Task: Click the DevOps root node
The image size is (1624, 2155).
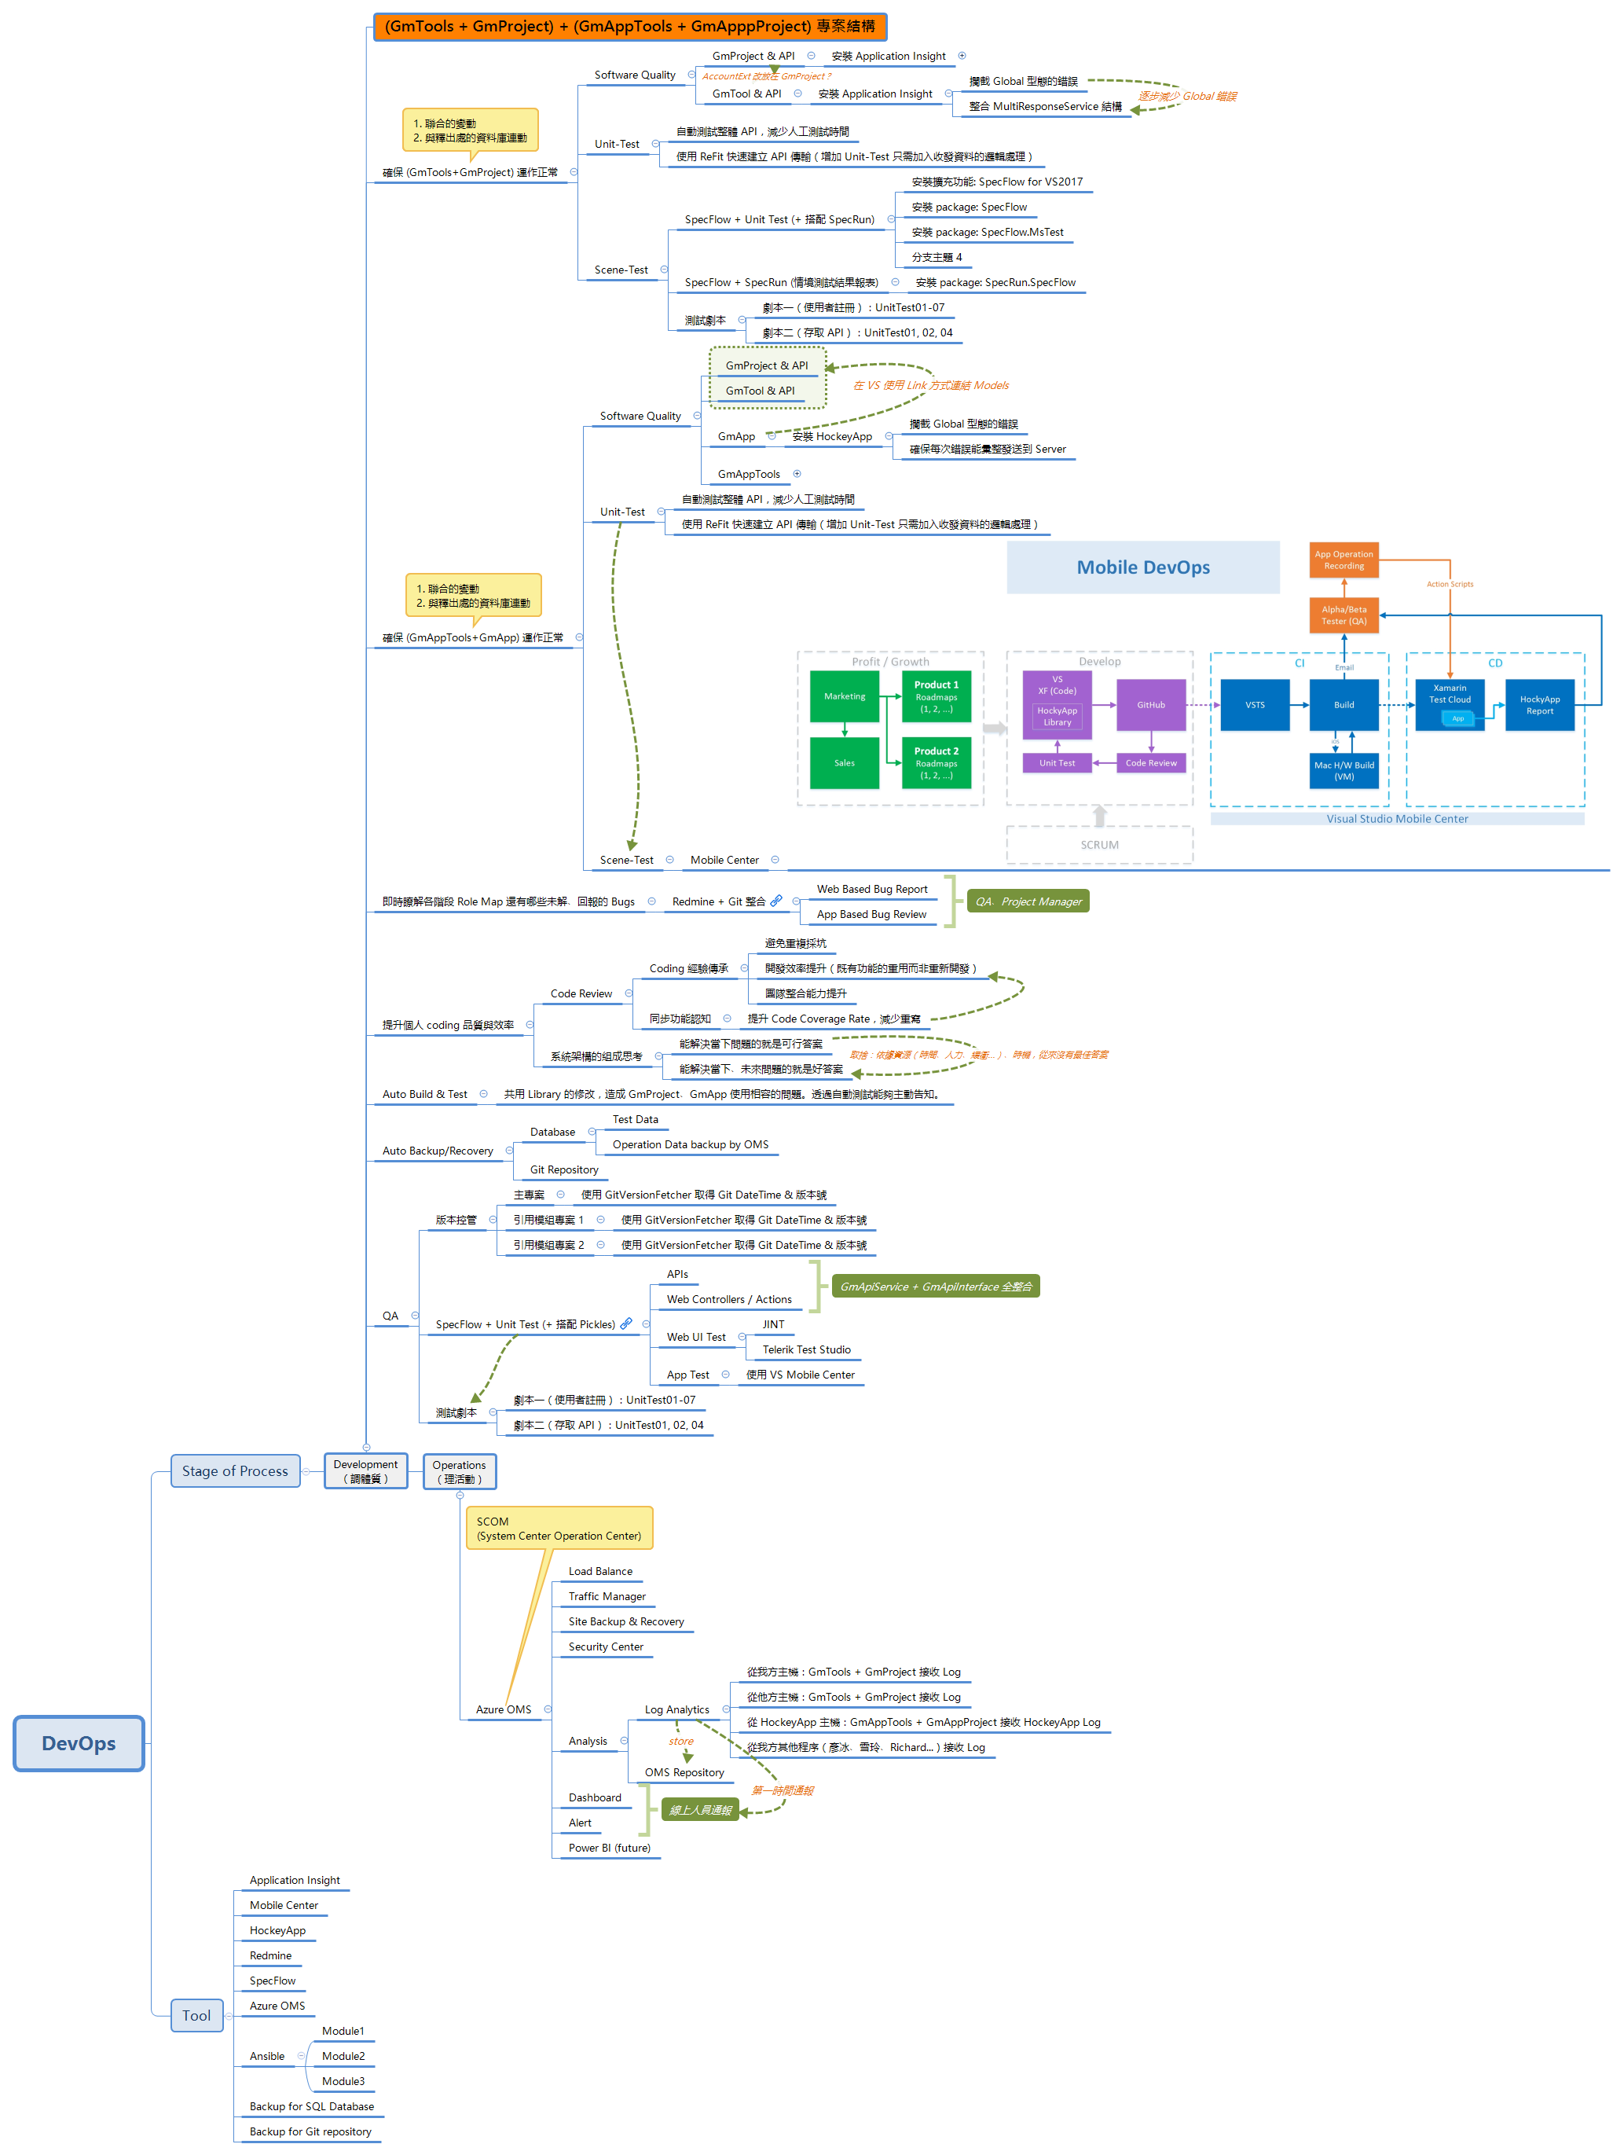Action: tap(79, 1743)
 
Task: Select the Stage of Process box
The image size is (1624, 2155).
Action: tap(235, 1471)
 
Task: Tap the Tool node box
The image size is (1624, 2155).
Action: tap(196, 2016)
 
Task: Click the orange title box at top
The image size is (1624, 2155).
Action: tap(629, 26)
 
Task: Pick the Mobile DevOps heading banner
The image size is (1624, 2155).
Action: tap(1142, 567)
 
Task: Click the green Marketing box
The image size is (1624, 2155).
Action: tap(844, 696)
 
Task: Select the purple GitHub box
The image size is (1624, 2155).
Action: tap(1149, 704)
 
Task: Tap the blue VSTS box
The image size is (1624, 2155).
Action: tap(1254, 704)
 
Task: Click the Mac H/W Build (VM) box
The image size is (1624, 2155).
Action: tap(1344, 771)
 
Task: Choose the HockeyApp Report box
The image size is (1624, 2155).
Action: tap(1538, 704)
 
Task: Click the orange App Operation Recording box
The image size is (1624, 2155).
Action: tap(1344, 560)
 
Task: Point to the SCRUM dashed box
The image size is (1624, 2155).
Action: tap(1099, 845)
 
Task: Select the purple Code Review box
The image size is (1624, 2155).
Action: tap(1149, 763)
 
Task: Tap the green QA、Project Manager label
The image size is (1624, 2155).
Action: tap(1028, 901)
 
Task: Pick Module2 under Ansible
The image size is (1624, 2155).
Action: tap(343, 2056)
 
